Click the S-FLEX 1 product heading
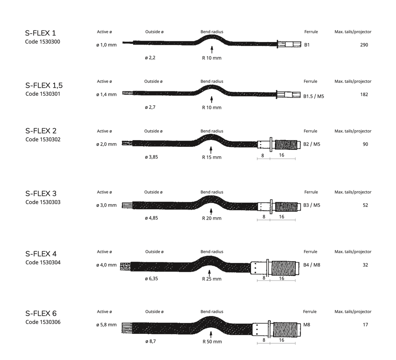point(40,33)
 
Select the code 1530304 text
point(43,262)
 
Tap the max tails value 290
point(364,45)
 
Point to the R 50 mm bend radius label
point(212,341)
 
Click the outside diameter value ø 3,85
point(151,157)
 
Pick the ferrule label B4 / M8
point(311,265)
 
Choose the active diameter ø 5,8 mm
point(106,325)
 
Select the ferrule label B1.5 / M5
point(313,96)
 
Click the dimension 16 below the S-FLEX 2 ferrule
point(282,155)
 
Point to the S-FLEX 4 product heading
point(41,254)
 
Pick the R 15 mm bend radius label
point(212,157)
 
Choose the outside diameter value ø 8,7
point(150,341)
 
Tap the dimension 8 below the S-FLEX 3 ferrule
point(264,216)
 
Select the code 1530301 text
point(43,94)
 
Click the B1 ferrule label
point(307,45)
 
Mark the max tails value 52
point(365,205)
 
